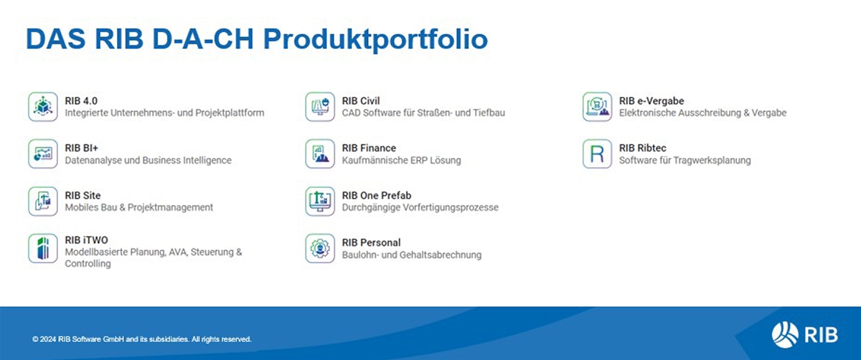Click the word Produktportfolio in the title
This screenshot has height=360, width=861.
tap(375, 39)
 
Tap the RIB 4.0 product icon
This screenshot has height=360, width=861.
tap(42, 106)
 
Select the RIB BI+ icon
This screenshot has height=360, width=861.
tap(42, 153)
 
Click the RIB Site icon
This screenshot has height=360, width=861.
tap(42, 202)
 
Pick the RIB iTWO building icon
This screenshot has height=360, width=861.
tap(42, 248)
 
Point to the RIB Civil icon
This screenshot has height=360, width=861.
tap(320, 106)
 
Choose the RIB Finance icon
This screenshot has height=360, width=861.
tap(320, 153)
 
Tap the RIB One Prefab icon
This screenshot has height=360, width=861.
tap(320, 202)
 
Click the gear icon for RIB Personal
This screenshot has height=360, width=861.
tap(320, 248)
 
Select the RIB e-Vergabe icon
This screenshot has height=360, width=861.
tap(597, 106)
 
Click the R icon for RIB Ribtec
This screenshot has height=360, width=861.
tap(597, 153)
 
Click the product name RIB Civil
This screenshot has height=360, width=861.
tap(361, 100)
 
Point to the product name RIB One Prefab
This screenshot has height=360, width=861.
tap(377, 196)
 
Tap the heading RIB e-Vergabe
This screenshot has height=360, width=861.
tap(651, 100)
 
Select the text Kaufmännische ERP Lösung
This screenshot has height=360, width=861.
tap(401, 160)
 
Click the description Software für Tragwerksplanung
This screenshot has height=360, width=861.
tap(685, 160)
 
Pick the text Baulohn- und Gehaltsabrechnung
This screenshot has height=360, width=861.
tap(412, 255)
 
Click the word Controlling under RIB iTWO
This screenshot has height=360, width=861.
tap(88, 264)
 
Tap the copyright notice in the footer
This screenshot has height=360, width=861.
tap(142, 339)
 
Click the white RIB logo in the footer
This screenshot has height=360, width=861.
tap(804, 335)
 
